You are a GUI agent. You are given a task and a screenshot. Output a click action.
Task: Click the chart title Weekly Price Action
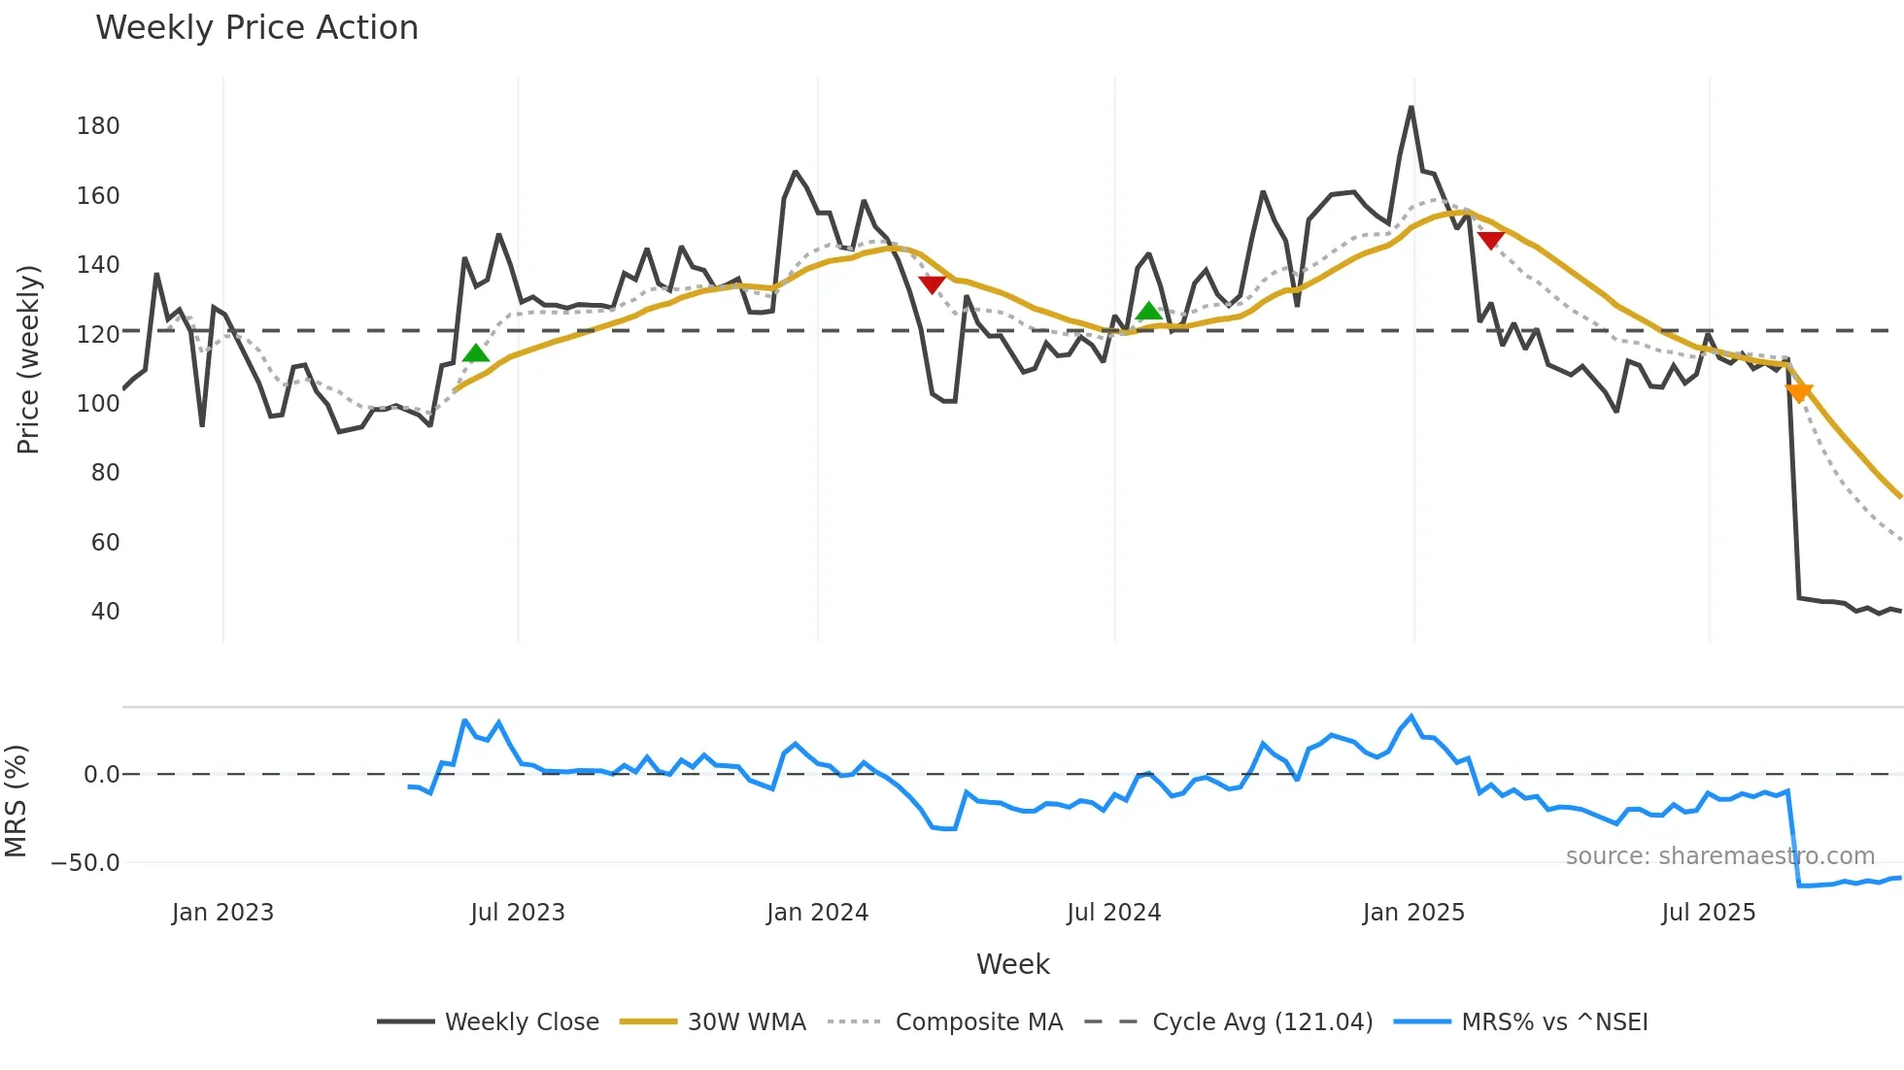pos(256,27)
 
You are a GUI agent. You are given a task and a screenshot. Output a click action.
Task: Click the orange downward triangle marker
pos(1799,392)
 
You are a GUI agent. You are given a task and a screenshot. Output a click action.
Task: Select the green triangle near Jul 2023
pos(476,353)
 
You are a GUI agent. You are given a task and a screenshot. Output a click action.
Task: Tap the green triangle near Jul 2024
pos(1149,312)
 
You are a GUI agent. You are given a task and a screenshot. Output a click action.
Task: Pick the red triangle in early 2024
pos(932,284)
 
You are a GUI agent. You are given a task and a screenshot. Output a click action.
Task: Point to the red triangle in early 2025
pos(1490,240)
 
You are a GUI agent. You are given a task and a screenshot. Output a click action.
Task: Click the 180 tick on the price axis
pos(98,126)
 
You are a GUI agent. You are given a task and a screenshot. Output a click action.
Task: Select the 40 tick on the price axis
pos(105,612)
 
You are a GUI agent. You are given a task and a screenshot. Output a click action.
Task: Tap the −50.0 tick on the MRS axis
pos(85,863)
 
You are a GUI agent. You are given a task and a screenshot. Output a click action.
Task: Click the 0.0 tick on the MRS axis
pos(101,775)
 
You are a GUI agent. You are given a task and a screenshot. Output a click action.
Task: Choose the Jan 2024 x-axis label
pos(817,913)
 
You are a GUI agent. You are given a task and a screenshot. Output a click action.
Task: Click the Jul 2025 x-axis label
pos(1708,913)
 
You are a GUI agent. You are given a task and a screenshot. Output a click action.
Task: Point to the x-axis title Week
pos(1012,964)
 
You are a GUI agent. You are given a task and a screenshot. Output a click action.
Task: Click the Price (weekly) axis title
pos(28,359)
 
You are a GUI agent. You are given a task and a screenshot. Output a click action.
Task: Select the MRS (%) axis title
pos(17,801)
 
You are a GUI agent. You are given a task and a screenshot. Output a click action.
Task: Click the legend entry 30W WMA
pos(746,1022)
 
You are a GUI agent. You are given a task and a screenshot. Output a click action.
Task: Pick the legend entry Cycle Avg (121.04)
pos(1262,1022)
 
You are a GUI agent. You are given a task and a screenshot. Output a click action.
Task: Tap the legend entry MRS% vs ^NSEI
pos(1554,1022)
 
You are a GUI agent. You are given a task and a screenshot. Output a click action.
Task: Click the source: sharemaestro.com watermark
pos(1719,856)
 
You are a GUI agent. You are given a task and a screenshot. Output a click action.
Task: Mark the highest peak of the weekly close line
pos(1411,108)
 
